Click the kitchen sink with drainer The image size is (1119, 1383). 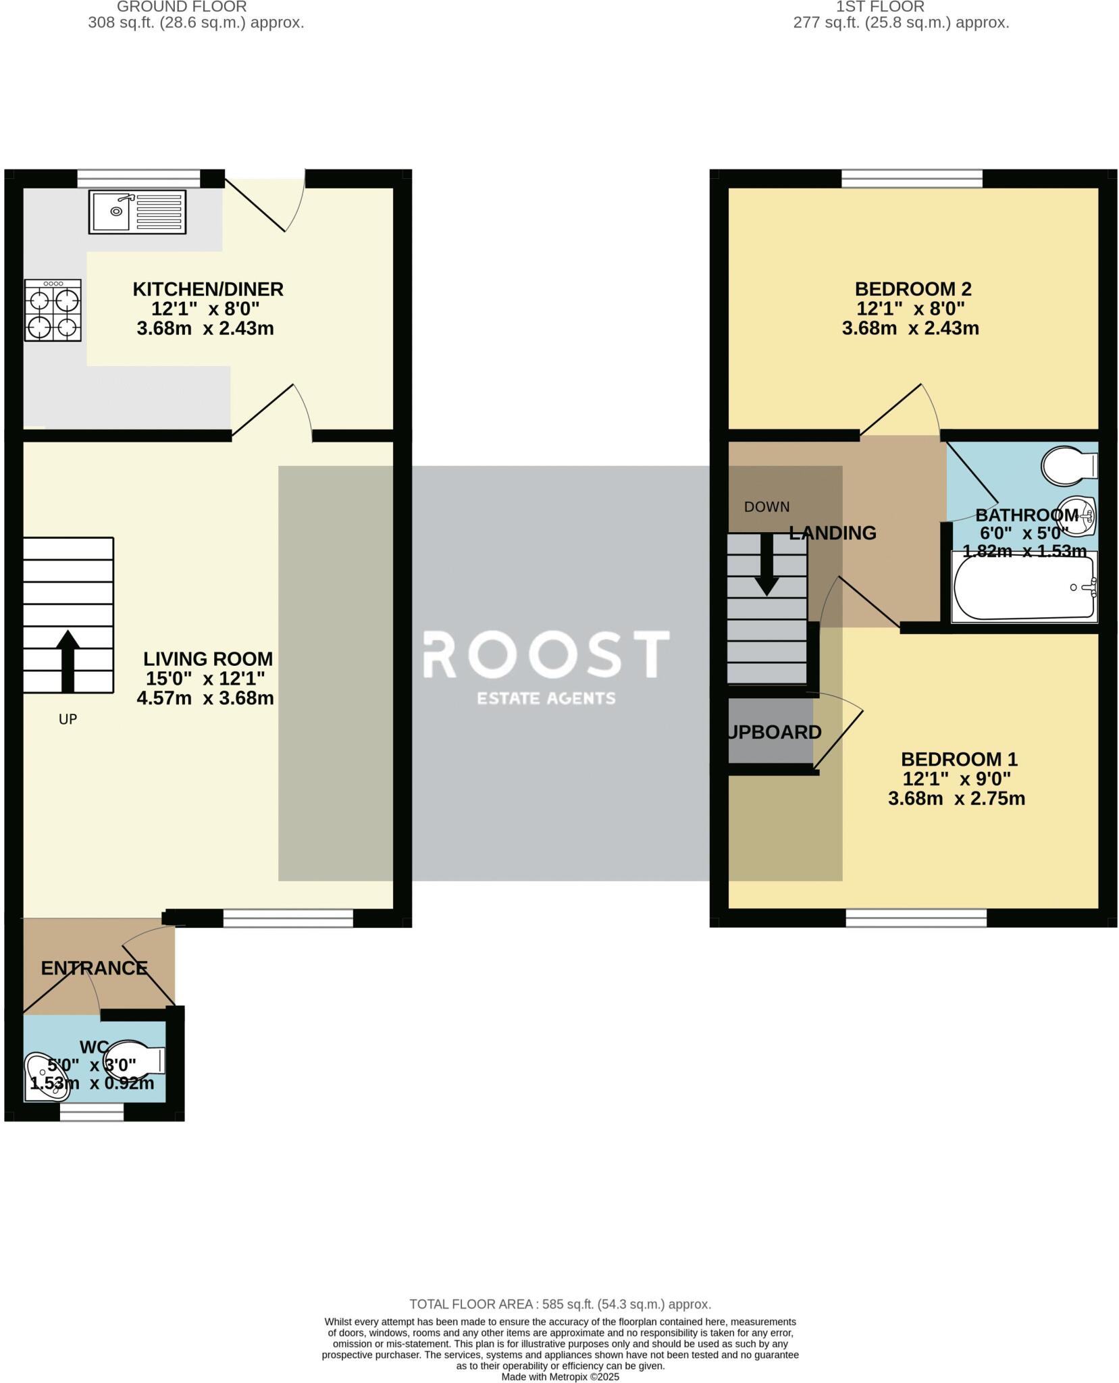[x=137, y=211]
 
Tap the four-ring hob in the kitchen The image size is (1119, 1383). [x=53, y=311]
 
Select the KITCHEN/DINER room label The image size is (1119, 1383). [x=208, y=289]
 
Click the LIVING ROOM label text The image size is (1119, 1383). [x=208, y=658]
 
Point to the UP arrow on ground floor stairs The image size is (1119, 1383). [x=68, y=660]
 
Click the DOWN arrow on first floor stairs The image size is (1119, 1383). [x=766, y=564]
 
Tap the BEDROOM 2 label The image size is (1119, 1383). [x=913, y=289]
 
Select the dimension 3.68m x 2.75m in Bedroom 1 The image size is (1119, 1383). [x=956, y=798]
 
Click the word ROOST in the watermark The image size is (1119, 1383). [x=546, y=654]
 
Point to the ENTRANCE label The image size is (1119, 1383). [x=94, y=968]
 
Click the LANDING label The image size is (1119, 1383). [x=833, y=533]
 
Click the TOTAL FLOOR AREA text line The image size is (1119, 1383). [x=560, y=1304]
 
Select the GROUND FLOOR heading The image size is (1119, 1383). [x=182, y=7]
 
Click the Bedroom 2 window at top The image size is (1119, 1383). [x=912, y=178]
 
